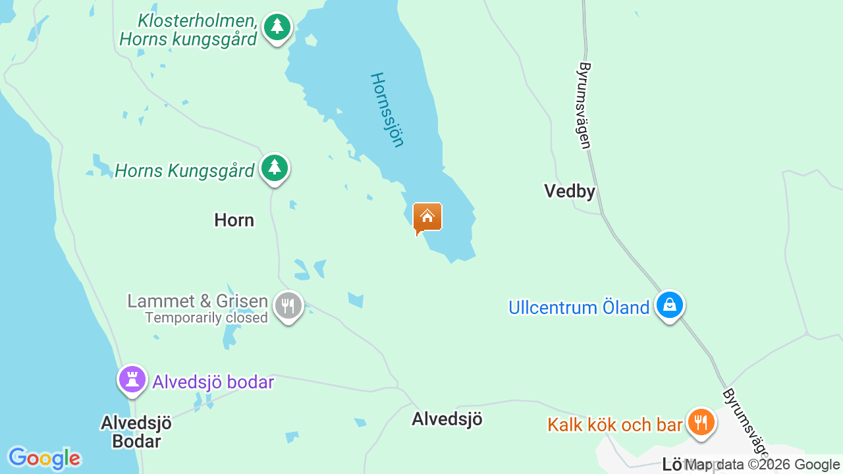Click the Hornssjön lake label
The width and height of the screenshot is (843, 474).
tap(387, 109)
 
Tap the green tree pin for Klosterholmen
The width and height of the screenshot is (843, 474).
tap(277, 28)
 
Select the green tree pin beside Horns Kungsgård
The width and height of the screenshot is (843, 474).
tap(275, 169)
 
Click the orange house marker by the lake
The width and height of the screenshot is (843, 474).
tap(427, 217)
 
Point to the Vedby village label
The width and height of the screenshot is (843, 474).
tap(570, 192)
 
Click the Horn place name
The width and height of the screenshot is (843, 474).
tap(234, 220)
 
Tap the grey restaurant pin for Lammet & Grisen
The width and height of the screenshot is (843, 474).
tap(288, 306)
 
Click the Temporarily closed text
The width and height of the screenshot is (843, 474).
tap(206, 318)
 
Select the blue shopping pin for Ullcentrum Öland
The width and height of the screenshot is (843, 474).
tap(669, 305)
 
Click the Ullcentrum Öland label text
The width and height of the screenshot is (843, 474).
tap(579, 307)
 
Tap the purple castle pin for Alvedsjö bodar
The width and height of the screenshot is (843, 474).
tap(132, 380)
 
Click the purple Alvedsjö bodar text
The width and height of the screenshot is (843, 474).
tap(213, 382)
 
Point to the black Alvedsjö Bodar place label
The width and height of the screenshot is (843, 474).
tap(136, 432)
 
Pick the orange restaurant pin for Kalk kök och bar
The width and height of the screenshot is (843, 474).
tap(700, 422)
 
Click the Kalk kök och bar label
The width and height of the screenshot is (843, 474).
tap(614, 425)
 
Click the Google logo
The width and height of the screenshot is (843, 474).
tap(44, 458)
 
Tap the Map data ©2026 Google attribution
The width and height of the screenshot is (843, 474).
tap(762, 465)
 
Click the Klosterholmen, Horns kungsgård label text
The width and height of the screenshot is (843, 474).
tap(188, 30)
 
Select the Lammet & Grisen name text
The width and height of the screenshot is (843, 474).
tap(198, 302)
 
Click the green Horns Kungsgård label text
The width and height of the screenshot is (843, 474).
tap(184, 171)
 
